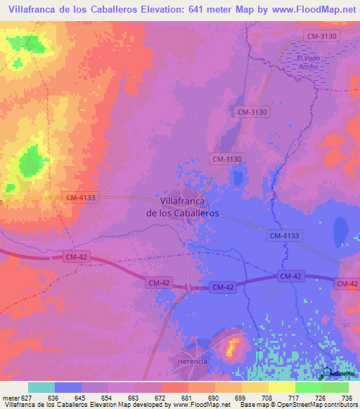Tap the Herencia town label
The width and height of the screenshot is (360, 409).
tap(192, 361)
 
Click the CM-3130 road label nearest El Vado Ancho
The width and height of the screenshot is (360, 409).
tap(321, 35)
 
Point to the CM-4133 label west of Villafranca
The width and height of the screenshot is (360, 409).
tap(81, 198)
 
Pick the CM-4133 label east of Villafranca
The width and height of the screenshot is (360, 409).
tap(285, 236)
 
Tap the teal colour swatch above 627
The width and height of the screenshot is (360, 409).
tap(41, 387)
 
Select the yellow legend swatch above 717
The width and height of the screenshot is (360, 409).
tap(281, 387)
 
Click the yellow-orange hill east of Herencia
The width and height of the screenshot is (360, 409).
tap(232, 346)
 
